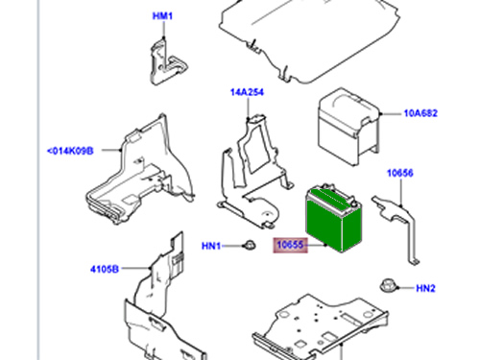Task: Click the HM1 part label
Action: pos(162,16)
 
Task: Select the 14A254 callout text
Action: pos(247,92)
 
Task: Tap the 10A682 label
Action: pos(420,113)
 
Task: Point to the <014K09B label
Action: pos(70,151)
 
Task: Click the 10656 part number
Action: pos(400,173)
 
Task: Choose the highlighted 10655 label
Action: pos(290,245)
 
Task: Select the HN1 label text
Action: pos(211,246)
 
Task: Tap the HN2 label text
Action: pos(425,288)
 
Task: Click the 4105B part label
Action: pos(105,269)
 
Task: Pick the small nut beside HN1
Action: pos(250,245)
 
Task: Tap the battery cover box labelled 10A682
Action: pos(348,127)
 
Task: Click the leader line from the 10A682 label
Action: pos(391,113)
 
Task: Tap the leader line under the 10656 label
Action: pos(401,192)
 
